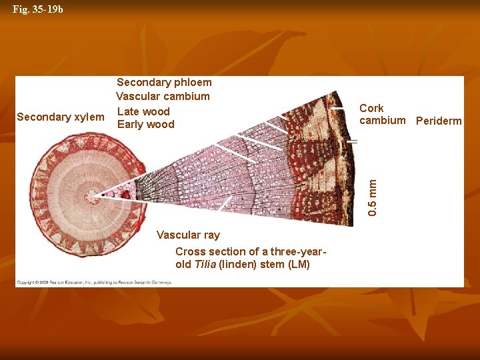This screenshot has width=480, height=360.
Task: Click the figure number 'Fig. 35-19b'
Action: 38,10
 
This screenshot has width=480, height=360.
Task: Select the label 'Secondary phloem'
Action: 164,83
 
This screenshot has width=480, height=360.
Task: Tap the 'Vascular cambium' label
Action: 163,97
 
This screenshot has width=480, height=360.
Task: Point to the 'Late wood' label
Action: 143,111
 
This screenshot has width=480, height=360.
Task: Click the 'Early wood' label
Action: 145,125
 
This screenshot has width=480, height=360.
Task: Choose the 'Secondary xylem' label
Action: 60,117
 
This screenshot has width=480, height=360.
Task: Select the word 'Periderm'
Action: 438,121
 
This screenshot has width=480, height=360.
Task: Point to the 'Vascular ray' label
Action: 187,235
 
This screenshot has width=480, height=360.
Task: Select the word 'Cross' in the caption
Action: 189,251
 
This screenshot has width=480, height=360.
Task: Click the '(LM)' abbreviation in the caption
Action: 298,264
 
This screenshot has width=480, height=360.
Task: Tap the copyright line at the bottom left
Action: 93,282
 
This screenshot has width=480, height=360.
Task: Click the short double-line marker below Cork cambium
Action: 352,141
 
